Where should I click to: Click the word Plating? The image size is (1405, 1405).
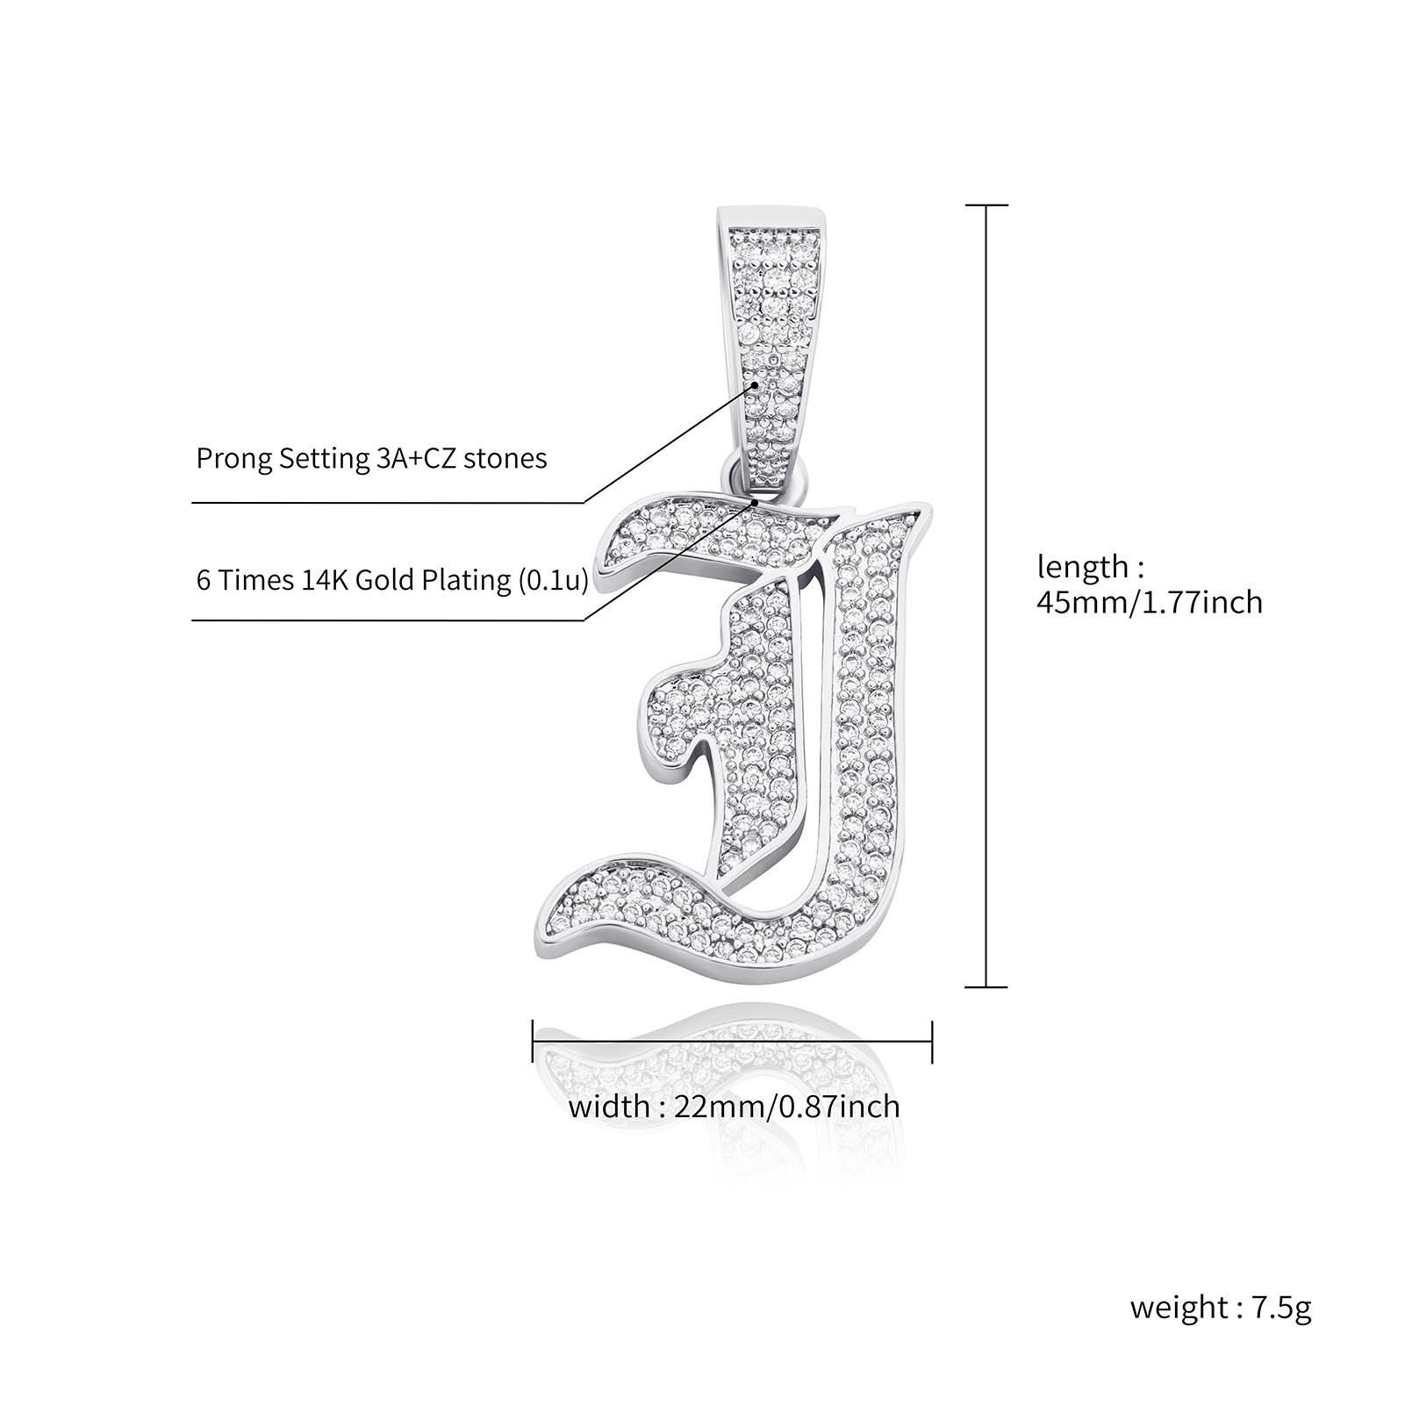coord(469,580)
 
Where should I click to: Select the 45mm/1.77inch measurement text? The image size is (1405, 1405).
coord(1150,603)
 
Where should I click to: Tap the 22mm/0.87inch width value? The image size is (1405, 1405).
coord(787,1106)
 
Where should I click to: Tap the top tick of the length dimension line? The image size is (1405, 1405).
coord(987,205)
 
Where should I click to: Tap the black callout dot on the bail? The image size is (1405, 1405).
coord(755,384)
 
